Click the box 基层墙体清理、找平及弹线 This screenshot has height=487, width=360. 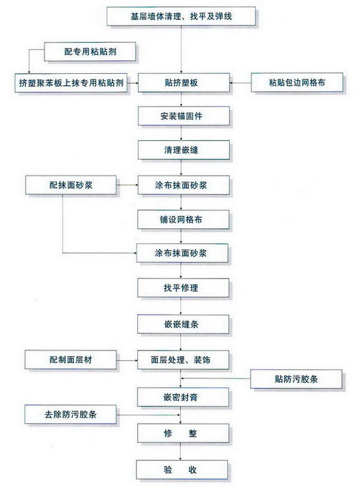coord(181,16)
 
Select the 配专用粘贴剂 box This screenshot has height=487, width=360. coord(90,51)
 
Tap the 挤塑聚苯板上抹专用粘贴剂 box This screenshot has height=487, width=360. coord(71,83)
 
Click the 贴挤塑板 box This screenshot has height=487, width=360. coord(184,83)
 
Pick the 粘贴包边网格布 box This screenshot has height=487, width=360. coord(297,83)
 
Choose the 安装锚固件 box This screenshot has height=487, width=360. coord(184,116)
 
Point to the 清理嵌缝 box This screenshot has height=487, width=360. coord(184,150)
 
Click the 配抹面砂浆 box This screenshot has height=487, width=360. coord(71,185)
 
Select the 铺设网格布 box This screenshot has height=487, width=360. coord(183,220)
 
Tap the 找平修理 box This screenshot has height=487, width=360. coord(183,288)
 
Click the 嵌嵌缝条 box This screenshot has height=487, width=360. coord(183,324)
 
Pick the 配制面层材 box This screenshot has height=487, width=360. coord(71,360)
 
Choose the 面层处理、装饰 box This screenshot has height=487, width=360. coord(183,360)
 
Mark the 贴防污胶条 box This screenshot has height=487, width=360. coord(296,379)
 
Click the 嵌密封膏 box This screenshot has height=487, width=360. coord(183,397)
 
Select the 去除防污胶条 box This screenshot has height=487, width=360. coord(71,414)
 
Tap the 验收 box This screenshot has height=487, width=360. coord(182,470)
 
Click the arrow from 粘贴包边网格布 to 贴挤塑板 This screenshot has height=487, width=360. coord(240,83)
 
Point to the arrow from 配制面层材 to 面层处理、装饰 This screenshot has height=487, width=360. coord(127,360)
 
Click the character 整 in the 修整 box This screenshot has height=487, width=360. coord(193,433)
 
